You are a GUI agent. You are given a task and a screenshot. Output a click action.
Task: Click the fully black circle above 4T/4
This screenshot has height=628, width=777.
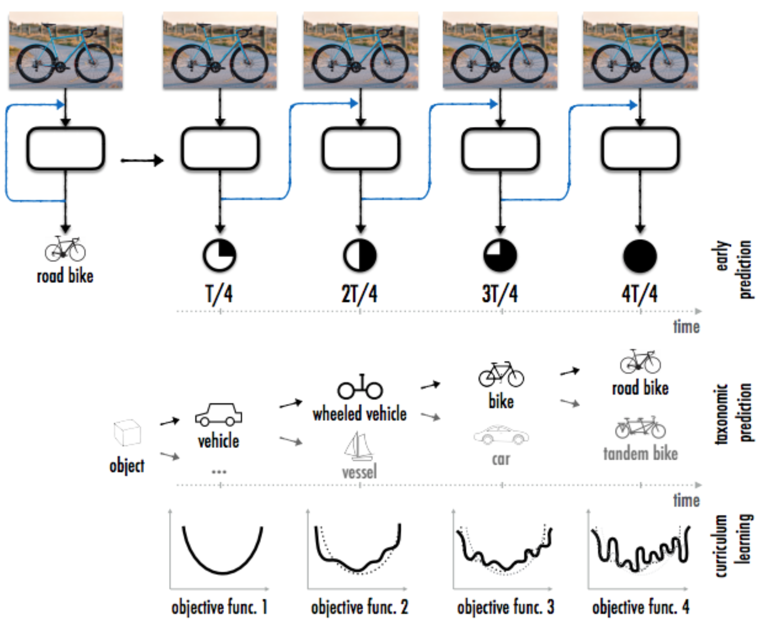coord(640,256)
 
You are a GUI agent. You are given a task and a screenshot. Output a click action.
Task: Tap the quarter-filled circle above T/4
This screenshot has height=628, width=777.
coord(220,256)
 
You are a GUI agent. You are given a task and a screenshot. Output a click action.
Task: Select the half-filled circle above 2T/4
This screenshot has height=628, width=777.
coord(360,256)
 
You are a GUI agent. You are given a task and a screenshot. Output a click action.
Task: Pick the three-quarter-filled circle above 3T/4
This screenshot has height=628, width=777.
coord(500,256)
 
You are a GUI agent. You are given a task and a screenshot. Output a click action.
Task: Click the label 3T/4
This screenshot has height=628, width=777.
coord(499,294)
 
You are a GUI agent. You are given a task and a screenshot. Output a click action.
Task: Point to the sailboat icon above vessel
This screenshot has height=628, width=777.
coord(359,446)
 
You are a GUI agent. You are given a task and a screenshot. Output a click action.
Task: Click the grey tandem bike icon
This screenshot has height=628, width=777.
coord(640,427)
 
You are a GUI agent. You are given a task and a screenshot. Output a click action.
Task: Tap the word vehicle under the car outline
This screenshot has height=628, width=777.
coord(219,441)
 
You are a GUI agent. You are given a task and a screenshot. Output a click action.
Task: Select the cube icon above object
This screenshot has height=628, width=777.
coord(127,432)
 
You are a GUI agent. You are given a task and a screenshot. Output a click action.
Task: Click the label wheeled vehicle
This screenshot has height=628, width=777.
coord(359,414)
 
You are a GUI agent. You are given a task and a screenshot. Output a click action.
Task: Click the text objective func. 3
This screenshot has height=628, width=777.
coord(505,607)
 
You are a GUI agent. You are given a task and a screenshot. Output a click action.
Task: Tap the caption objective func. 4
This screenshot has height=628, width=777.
coord(640,607)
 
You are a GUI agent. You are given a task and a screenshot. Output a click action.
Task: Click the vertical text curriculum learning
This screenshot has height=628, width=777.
coord(733,545)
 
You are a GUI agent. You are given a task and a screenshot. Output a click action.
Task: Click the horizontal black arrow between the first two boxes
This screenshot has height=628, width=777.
coord(142,160)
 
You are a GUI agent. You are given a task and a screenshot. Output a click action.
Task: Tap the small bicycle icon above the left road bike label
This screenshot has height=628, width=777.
coord(65,249)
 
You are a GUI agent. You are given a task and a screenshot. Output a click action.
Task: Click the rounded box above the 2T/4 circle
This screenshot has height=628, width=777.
coord(360,149)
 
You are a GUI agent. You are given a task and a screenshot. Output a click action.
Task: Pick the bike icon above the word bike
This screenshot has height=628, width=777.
coord(501,374)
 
